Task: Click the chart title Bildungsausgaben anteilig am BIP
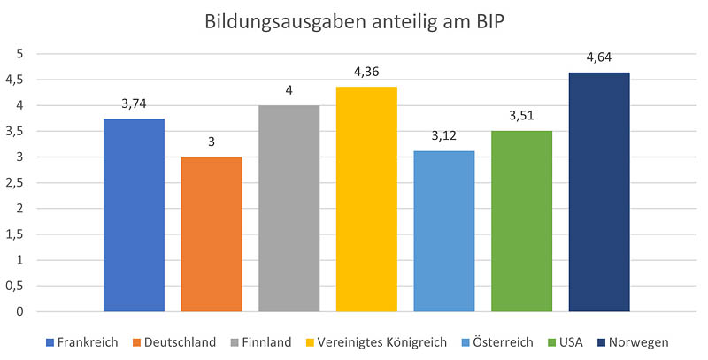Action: [354, 20]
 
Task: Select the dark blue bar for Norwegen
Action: [599, 192]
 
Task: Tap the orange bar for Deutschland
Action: [212, 234]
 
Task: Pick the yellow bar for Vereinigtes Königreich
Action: [366, 199]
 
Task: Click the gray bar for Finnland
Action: [289, 209]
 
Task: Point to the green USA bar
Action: [521, 221]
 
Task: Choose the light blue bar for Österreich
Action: [444, 231]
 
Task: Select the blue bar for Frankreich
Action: [134, 215]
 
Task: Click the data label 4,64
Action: [599, 58]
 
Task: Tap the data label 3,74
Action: [134, 104]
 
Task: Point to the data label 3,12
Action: [444, 137]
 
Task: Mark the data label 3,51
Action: [521, 117]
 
